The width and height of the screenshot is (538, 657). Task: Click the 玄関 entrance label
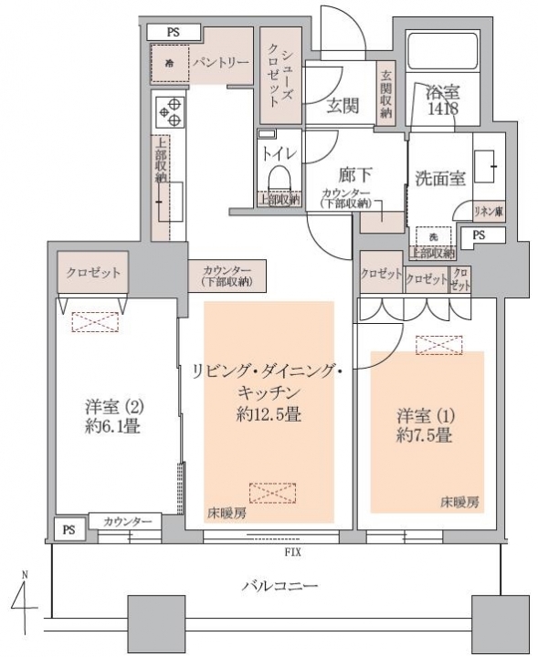tap(343, 106)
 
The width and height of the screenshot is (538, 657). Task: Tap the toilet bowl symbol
tap(280, 178)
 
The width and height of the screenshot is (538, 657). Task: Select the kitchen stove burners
tap(169, 112)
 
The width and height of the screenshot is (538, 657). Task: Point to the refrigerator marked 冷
tap(169, 64)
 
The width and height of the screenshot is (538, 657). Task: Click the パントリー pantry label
tap(220, 63)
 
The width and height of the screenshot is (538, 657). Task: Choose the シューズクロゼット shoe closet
tap(280, 76)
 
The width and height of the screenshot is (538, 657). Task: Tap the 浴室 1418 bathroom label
tap(443, 99)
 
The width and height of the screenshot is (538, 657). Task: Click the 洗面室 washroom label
tap(440, 179)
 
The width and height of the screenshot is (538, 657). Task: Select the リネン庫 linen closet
tap(489, 211)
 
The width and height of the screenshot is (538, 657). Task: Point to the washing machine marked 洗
tap(433, 237)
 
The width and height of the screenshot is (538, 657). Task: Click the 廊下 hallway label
tap(355, 174)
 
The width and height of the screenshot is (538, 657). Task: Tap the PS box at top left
tap(174, 32)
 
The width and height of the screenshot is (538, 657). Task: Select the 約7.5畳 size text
tap(424, 436)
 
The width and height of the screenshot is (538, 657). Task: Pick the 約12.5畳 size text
tap(269, 414)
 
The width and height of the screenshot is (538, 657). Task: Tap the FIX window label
tap(292, 552)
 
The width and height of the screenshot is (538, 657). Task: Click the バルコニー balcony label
tap(280, 585)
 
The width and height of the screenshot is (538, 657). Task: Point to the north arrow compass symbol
tap(25, 603)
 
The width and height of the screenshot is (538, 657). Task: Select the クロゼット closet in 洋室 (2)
tap(92, 272)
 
